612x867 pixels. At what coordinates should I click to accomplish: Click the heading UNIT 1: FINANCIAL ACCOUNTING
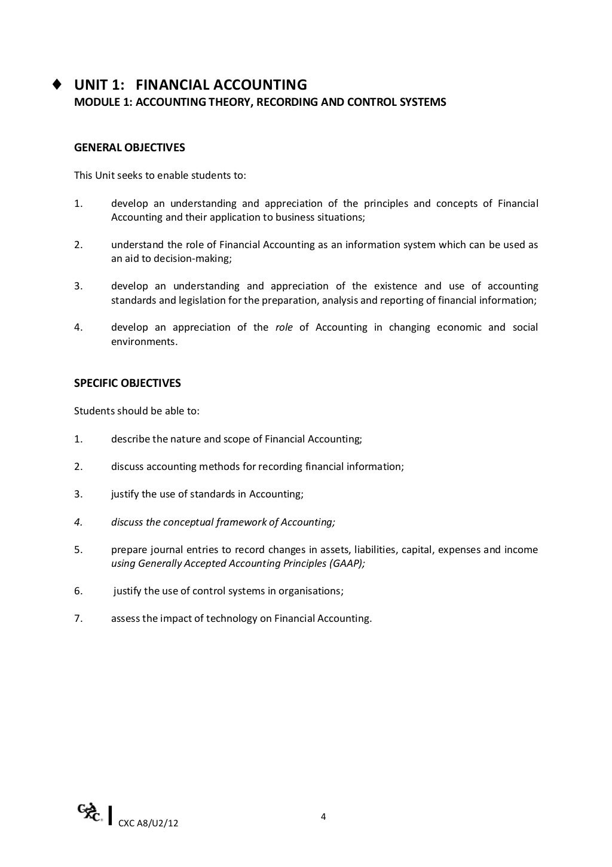point(190,85)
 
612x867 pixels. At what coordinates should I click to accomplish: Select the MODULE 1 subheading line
point(259,102)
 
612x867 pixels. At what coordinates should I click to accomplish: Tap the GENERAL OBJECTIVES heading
point(129,147)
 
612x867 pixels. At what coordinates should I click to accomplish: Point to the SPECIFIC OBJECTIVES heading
point(127,383)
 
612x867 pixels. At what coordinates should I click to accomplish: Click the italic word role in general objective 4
point(284,327)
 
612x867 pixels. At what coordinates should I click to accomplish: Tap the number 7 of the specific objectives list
point(78,618)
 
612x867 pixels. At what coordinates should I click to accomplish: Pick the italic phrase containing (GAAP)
point(238,563)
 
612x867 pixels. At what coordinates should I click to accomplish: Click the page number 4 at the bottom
point(323,817)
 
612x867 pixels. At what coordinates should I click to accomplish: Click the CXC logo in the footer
point(90,814)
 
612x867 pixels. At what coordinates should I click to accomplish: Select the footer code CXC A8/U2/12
point(148,823)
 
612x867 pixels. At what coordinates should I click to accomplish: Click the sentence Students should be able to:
point(136,411)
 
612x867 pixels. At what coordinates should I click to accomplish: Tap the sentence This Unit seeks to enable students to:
point(160,175)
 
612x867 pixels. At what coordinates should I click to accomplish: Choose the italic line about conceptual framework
point(223,522)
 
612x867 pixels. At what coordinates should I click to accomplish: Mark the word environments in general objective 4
point(144,341)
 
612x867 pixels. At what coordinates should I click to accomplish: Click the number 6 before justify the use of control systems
point(78,591)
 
